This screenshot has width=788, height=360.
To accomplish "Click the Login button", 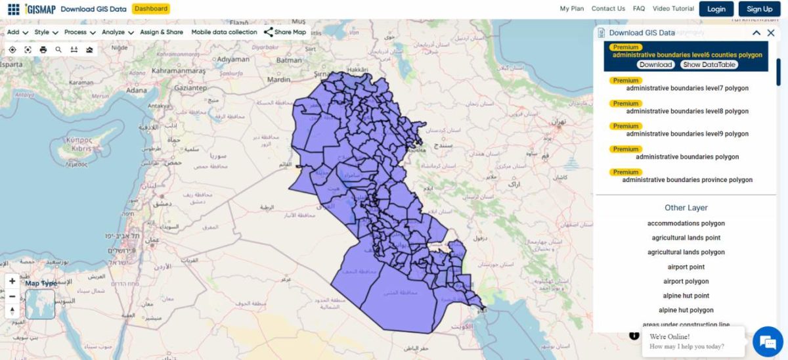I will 716,9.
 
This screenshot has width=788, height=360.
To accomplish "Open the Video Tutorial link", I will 673,9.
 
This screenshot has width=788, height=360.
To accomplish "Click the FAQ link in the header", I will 639,9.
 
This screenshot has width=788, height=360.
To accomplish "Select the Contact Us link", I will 608,9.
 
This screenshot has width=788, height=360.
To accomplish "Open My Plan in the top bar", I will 571,9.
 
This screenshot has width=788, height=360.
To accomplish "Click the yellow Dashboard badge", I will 150,9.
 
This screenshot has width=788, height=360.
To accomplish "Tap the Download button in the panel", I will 655,64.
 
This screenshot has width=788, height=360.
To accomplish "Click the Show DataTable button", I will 709,64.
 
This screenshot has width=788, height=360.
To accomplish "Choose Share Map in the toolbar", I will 285,32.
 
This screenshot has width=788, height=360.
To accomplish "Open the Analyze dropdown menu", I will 118,32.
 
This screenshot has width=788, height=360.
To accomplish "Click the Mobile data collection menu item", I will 224,32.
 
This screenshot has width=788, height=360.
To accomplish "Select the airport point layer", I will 686,267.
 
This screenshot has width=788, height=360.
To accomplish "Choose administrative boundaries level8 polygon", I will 687,111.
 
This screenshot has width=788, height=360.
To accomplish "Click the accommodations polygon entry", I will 686,223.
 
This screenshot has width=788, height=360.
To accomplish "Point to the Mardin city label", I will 278,79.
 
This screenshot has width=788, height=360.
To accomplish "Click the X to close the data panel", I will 771,33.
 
